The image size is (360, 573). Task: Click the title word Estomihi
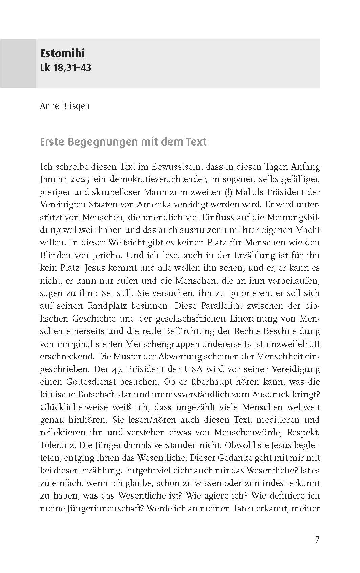[x=62, y=53]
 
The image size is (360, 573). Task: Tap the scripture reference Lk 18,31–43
[x=66, y=68]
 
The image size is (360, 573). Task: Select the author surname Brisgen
[x=76, y=106]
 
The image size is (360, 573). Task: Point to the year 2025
[x=79, y=179]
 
